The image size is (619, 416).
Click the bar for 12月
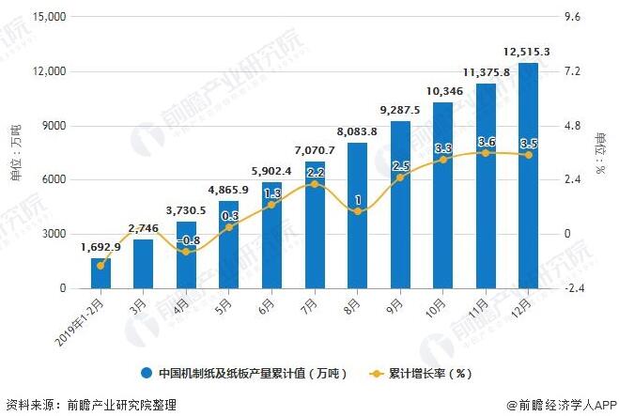tap(528, 176)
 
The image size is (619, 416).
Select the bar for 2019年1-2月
tap(101, 273)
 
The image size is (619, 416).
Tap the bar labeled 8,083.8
tap(357, 215)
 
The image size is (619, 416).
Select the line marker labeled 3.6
tap(486, 152)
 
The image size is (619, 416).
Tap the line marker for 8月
tap(357, 212)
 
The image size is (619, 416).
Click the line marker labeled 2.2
tap(315, 184)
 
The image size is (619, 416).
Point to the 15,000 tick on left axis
tap(47, 18)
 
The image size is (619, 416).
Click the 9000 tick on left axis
tap(54, 126)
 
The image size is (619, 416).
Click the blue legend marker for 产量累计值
tap(148, 373)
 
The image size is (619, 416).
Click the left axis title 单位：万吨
tap(15, 152)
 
